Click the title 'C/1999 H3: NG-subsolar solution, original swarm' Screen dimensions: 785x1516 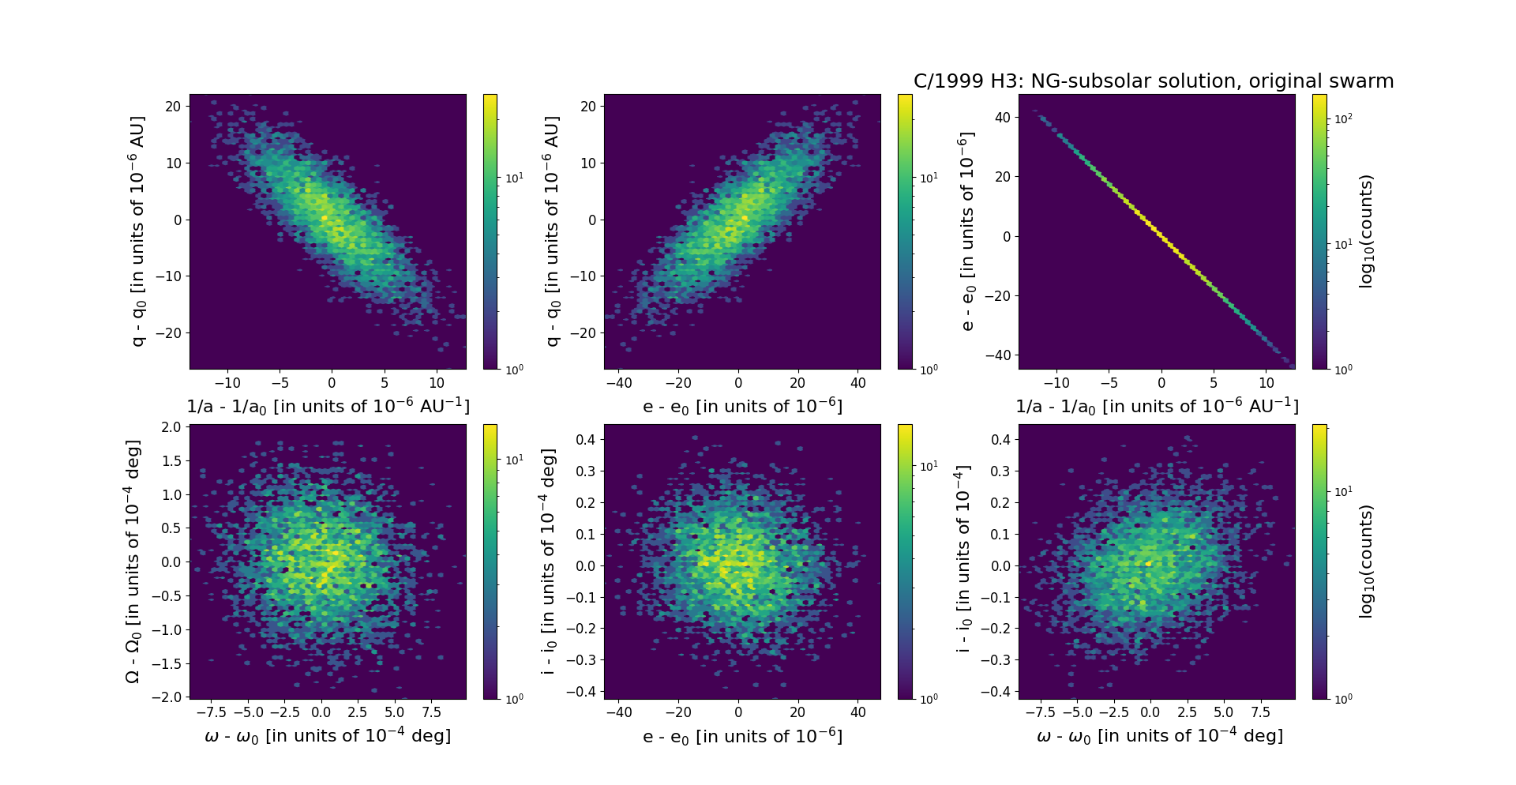tap(1153, 81)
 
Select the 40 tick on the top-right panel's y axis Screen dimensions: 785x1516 tap(1002, 118)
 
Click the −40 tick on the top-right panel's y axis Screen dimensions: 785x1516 tap(996, 355)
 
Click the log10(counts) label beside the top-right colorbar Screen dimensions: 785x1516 tap(1366, 231)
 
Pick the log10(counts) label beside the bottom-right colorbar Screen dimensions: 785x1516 tap(1366, 562)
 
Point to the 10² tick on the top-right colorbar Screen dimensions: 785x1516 tap(1342, 118)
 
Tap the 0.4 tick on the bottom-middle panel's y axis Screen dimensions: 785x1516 tap(585, 439)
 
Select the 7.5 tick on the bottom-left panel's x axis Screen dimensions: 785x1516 tap(432, 712)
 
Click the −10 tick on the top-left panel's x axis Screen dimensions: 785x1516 tap(227, 383)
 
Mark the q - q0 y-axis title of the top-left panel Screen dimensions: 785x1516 tap(138, 231)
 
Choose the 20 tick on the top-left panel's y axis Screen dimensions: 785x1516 tap(173, 107)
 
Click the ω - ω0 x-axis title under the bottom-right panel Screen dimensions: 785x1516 tap(1159, 736)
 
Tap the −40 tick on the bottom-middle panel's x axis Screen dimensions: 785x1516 tap(618, 712)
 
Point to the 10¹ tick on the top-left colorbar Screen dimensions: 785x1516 tap(514, 178)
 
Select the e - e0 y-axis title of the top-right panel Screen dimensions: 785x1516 tap(966, 231)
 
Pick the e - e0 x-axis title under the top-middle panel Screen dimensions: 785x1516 tap(742, 407)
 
